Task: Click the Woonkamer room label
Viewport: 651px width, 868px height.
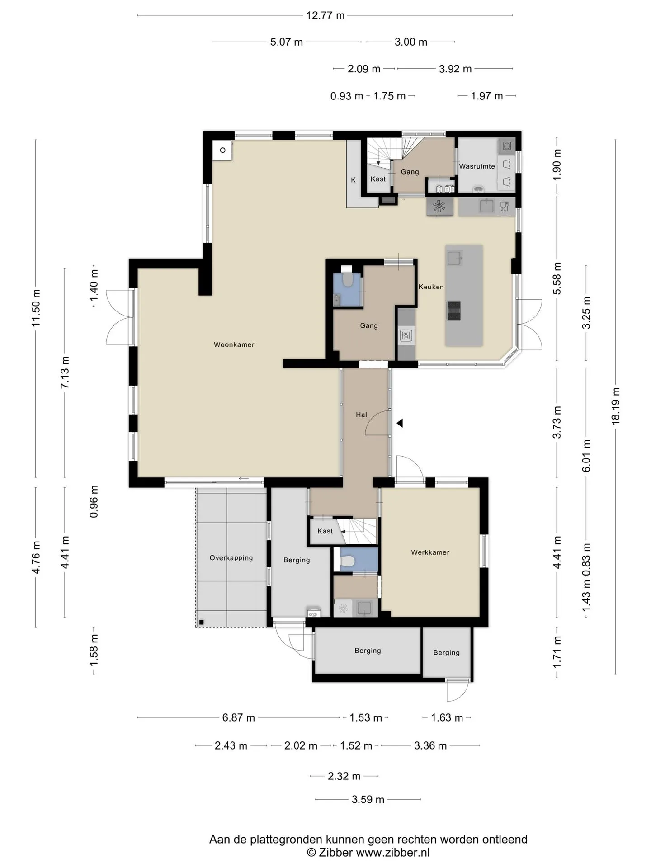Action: click(x=234, y=344)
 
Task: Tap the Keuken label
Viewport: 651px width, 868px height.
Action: click(x=431, y=287)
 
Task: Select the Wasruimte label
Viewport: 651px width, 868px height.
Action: click(x=477, y=166)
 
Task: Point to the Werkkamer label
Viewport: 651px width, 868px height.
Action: click(x=430, y=552)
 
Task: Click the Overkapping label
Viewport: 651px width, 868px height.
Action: click(x=231, y=558)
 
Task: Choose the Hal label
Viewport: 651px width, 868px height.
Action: click(x=361, y=415)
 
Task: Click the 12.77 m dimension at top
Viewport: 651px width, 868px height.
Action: click(x=325, y=15)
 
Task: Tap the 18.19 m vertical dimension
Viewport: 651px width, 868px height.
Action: click(x=615, y=406)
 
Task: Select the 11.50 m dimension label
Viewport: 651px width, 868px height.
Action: click(x=36, y=308)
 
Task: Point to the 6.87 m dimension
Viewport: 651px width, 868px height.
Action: click(x=238, y=717)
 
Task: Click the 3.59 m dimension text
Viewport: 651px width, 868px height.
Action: click(x=368, y=799)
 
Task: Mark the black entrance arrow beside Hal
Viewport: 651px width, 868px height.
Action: click(x=400, y=423)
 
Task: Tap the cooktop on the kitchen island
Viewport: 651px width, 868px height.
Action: click(x=453, y=310)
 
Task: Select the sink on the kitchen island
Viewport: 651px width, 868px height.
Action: click(x=453, y=258)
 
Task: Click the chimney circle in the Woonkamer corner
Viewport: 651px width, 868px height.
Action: click(x=222, y=150)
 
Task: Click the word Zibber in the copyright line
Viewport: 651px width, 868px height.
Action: click(x=335, y=853)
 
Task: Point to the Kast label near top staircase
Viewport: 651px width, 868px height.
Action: click(x=378, y=179)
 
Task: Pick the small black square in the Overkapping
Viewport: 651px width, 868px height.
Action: click(x=201, y=622)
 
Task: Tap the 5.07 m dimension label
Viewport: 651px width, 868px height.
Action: click(x=287, y=42)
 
